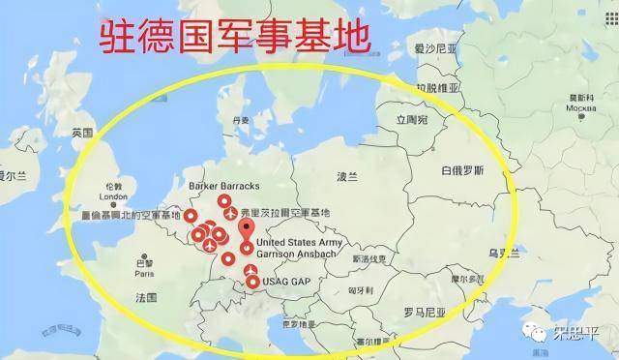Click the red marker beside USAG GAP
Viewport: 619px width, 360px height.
point(252,283)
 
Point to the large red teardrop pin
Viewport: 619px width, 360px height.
point(247,233)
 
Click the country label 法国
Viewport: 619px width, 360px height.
point(147,295)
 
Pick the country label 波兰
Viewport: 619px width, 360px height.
point(346,178)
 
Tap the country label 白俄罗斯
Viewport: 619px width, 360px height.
point(460,170)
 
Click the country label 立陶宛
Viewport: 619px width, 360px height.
point(409,120)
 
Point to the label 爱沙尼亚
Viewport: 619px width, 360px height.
point(432,47)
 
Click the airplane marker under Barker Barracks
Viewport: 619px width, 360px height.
point(230,212)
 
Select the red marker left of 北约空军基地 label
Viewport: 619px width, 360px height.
point(191,217)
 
